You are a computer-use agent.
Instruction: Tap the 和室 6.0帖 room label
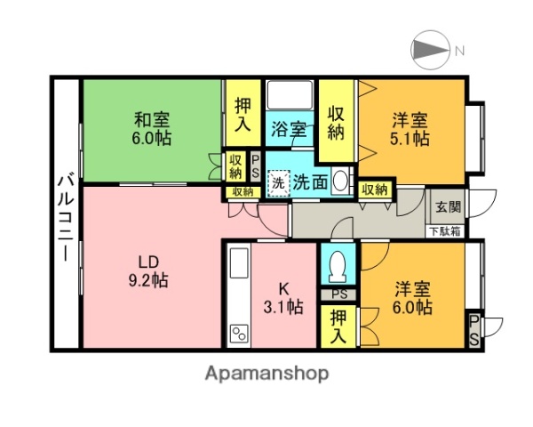tap(152, 129)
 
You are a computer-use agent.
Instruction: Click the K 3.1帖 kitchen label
tap(284, 297)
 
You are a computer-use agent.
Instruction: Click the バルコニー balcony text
tap(65, 214)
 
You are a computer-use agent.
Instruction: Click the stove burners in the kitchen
tap(238, 334)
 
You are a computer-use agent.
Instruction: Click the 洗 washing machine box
tap(278, 183)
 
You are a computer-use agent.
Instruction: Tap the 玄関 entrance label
tap(447, 207)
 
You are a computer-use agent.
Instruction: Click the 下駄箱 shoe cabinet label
tap(446, 231)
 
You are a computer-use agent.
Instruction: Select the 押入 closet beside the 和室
tap(242, 114)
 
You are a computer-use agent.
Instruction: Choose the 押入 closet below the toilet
tap(339, 326)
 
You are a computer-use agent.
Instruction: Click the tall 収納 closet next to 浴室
tap(336, 121)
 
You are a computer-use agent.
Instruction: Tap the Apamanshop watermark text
tap(266, 373)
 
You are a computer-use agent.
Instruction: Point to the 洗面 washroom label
tap(311, 182)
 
